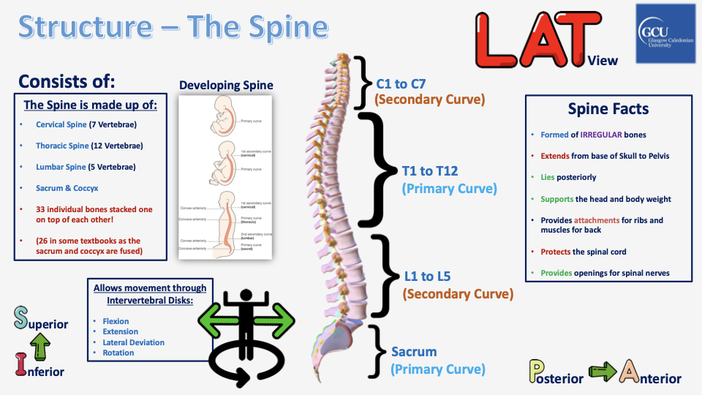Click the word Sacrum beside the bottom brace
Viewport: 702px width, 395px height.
(414, 352)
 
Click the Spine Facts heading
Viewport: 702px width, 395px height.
(608, 109)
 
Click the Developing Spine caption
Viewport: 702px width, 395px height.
(226, 85)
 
